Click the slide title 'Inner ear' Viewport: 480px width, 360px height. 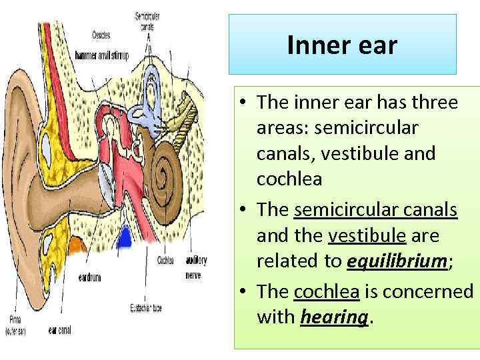pos(342,45)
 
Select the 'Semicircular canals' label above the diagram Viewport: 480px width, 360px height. pos(147,22)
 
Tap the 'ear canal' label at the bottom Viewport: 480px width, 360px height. pos(60,329)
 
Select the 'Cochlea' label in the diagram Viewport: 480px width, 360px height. pos(166,260)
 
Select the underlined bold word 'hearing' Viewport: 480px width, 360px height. pos(333,317)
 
